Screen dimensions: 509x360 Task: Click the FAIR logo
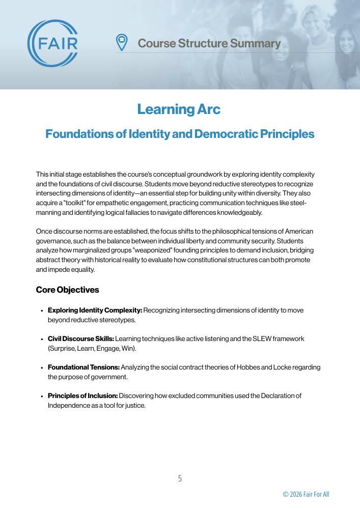(53, 43)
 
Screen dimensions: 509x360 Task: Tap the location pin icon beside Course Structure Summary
(122, 43)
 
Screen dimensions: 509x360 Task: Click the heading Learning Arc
(179, 109)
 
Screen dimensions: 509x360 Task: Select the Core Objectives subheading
(67, 290)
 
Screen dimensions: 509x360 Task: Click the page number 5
(180, 478)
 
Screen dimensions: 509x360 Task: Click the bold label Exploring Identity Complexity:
(95, 310)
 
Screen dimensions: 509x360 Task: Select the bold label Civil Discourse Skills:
(80, 338)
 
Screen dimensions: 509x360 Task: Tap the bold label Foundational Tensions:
(84, 367)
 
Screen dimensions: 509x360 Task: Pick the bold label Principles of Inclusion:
(82, 395)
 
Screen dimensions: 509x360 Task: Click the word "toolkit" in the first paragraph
(75, 203)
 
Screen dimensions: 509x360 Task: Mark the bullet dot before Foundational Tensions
(41, 367)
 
